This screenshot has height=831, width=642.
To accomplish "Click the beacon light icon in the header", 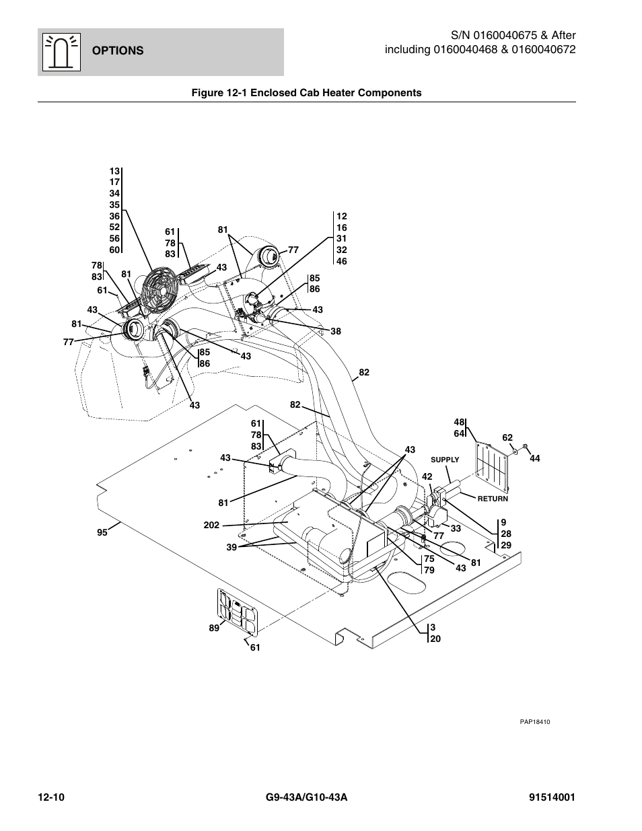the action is pyautogui.click(x=61, y=52).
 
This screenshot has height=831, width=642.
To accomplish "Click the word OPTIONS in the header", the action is pyautogui.click(x=118, y=50).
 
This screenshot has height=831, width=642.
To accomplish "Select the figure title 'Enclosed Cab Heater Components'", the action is pyautogui.click(x=336, y=93).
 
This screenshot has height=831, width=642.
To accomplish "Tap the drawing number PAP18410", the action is pyautogui.click(x=534, y=722).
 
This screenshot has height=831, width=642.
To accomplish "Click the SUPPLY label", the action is pyautogui.click(x=445, y=460).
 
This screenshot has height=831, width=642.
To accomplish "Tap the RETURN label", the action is pyautogui.click(x=493, y=499).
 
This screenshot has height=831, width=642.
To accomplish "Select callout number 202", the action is pyautogui.click(x=211, y=526).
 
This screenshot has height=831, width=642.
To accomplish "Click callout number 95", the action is pyautogui.click(x=102, y=533).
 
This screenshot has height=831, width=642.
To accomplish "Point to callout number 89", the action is pyautogui.click(x=214, y=628).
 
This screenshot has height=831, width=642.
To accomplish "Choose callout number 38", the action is pyautogui.click(x=336, y=331).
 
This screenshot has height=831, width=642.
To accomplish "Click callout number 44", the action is pyautogui.click(x=534, y=458).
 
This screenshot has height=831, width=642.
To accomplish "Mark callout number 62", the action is pyautogui.click(x=507, y=437).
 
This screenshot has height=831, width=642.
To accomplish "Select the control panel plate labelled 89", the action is pyautogui.click(x=238, y=610).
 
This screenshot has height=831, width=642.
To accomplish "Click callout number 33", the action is pyautogui.click(x=456, y=528).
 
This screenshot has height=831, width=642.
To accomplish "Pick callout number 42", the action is pyautogui.click(x=427, y=477).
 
